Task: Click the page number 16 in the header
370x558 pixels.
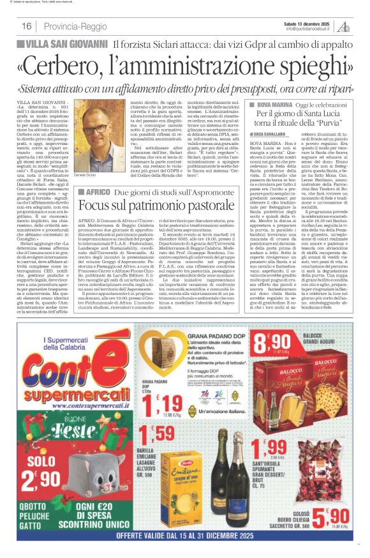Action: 27,26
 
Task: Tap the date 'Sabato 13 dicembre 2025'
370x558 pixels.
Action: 309,23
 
